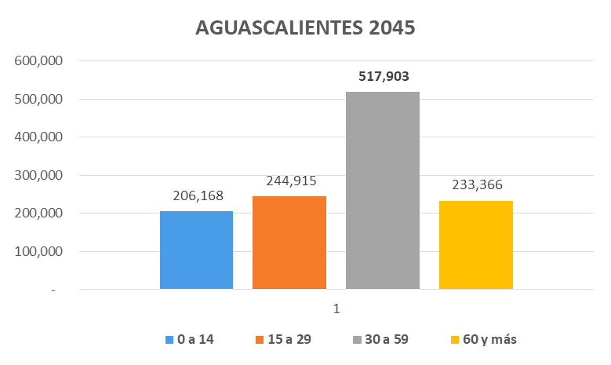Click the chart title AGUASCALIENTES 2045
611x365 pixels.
[x=304, y=28]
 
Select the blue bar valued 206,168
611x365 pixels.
[x=196, y=250]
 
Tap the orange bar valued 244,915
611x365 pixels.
[x=289, y=243]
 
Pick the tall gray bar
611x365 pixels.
[x=383, y=191]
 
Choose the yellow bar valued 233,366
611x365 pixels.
[x=476, y=245]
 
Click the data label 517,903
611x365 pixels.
[x=383, y=77]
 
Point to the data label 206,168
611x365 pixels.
[x=196, y=195]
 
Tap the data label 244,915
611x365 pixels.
[x=289, y=181]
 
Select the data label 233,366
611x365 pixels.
[x=476, y=185]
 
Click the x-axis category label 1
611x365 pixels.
[x=336, y=308]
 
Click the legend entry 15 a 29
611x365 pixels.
[x=285, y=339]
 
